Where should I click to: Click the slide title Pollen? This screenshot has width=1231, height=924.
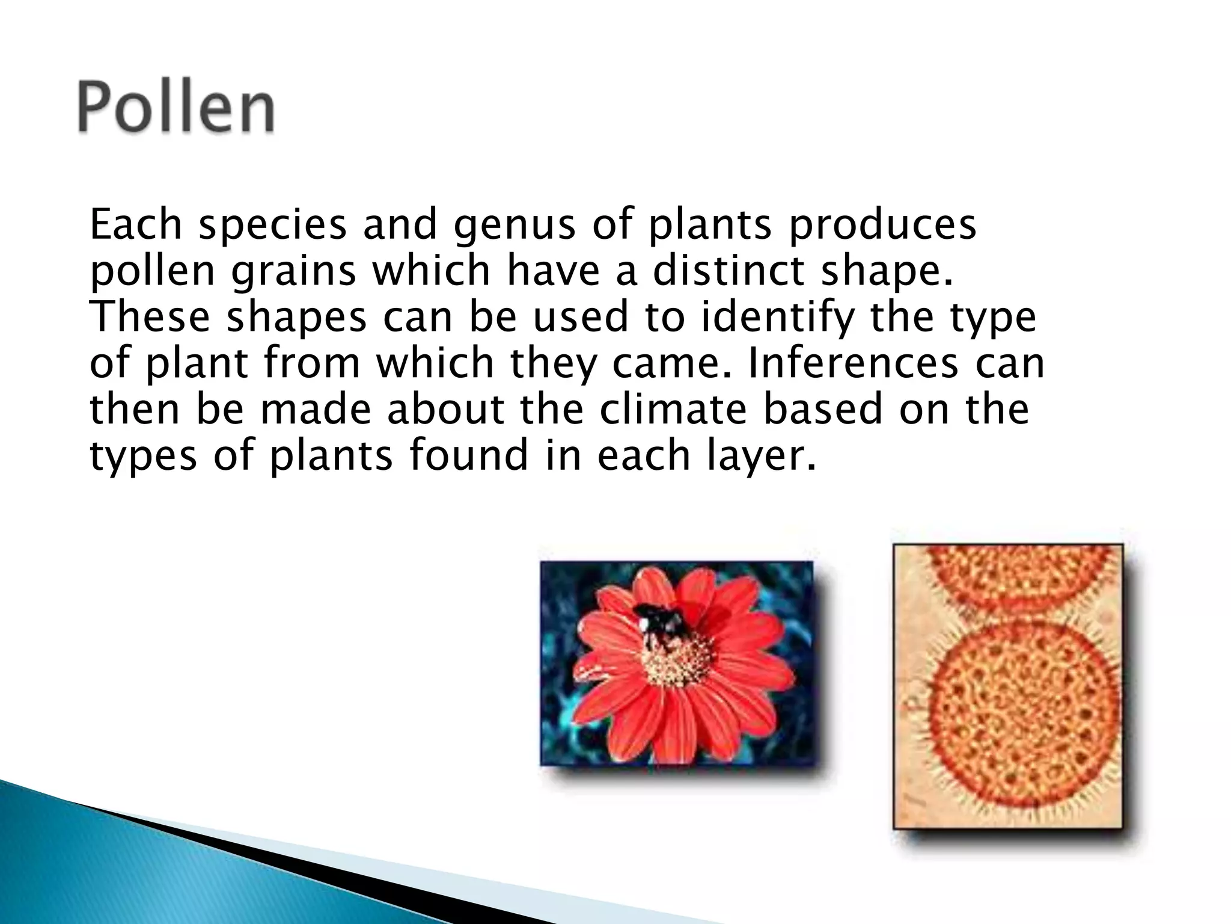(176, 109)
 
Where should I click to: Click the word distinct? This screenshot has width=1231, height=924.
(729, 270)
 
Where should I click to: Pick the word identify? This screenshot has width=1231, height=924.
(776, 318)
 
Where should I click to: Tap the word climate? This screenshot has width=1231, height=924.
(674, 408)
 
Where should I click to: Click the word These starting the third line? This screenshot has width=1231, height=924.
(150, 317)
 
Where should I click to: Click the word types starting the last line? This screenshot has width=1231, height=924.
(143, 456)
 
